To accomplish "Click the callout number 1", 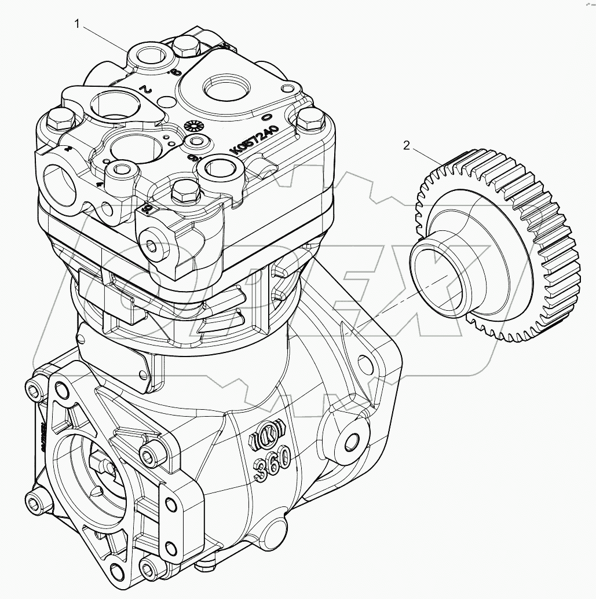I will pos(76,24).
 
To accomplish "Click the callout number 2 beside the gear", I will pos(406,146).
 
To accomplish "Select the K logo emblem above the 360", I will pos(268,435).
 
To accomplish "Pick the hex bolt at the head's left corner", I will pos(61,120).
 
